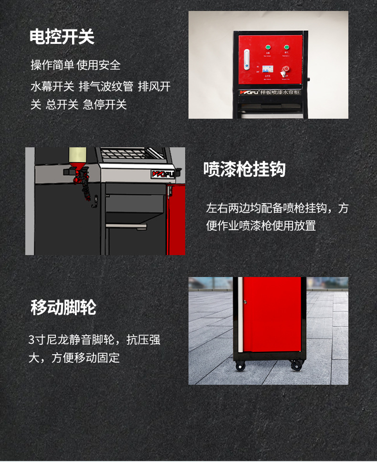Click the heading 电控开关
tap(62, 37)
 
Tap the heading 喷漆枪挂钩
tap(244, 169)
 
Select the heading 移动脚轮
tap(63, 308)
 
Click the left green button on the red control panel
tap(267, 47)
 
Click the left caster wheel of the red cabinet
tap(240, 366)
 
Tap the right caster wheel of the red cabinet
tap(296, 366)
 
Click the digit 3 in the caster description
tap(31, 340)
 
